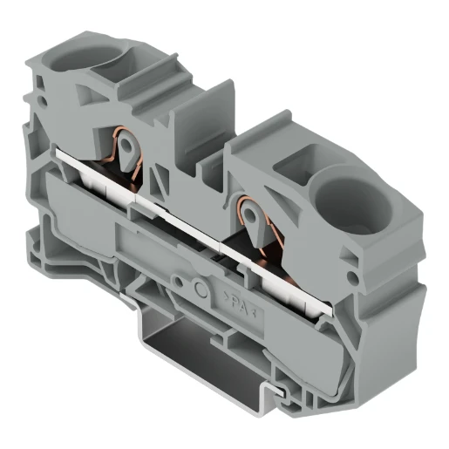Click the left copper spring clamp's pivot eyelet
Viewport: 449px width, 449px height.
tap(127, 145)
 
